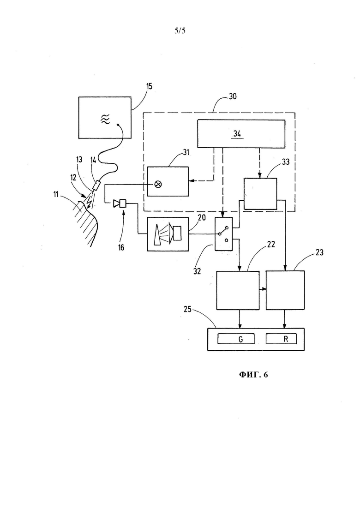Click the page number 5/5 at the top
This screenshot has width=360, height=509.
pos(180,31)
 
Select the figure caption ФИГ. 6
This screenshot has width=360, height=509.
pos(253,375)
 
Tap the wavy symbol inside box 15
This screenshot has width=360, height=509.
pos(106,120)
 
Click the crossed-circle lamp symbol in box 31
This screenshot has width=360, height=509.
pos(158,185)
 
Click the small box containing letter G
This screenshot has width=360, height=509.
pos(236,339)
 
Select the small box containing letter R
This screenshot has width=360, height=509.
pos(281,339)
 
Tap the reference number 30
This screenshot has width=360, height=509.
pos(233,96)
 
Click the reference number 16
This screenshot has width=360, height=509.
pos(121,248)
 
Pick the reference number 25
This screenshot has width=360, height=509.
pos(187,309)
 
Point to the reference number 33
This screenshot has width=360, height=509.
pos(285,162)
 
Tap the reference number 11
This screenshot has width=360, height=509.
pos(56,195)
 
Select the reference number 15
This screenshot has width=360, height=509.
pos(149,86)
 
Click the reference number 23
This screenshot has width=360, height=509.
pos(319,252)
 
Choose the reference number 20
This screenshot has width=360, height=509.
pos(202,217)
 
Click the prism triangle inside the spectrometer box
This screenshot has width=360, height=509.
pos(156,235)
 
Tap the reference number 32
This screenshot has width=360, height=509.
pos(197,271)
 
